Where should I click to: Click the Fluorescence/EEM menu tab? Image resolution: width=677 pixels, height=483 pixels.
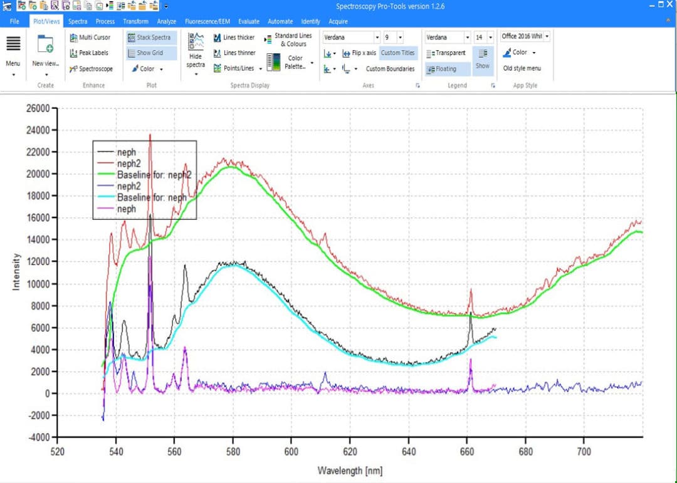(207, 21)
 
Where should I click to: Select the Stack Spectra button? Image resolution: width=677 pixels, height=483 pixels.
(152, 38)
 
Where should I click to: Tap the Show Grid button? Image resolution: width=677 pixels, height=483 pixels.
(149, 53)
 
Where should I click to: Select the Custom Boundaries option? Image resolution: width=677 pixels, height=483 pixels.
(390, 69)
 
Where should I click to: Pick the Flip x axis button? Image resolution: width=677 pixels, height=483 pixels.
(359, 53)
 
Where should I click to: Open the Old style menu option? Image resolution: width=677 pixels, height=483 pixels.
(522, 68)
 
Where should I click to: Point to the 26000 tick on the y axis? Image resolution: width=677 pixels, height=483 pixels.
(38, 108)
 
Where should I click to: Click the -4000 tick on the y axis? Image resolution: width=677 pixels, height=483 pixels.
(38, 437)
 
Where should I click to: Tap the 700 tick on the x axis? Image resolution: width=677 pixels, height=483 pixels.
(584, 451)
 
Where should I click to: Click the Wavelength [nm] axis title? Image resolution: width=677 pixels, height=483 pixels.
(350, 470)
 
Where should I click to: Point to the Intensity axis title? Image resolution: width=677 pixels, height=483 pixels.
(16, 271)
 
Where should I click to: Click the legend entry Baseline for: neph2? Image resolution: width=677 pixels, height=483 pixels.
(154, 175)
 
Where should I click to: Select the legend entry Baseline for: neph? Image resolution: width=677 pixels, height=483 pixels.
(152, 197)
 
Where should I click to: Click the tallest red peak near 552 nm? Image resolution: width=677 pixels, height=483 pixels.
(150, 135)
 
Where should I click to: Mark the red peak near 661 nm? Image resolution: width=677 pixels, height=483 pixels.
(471, 290)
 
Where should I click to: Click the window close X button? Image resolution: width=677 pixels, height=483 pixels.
(669, 4)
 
